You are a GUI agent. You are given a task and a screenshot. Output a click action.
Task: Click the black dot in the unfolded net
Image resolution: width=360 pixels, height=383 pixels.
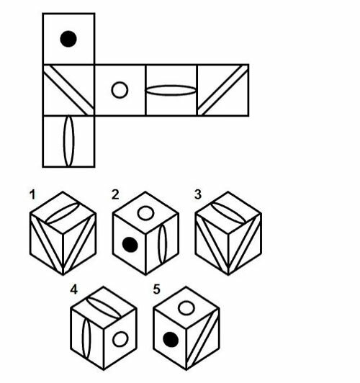pyautogui.click(x=68, y=39)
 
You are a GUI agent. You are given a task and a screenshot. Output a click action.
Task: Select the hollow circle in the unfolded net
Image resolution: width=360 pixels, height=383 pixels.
pyautogui.click(x=120, y=90)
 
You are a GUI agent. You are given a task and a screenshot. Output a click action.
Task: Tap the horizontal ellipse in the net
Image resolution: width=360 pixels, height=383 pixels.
pyautogui.click(x=171, y=90)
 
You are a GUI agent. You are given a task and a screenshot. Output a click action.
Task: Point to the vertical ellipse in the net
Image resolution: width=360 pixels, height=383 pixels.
pyautogui.click(x=68, y=141)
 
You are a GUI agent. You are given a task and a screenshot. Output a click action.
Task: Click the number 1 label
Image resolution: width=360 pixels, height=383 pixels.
pyautogui.click(x=32, y=194)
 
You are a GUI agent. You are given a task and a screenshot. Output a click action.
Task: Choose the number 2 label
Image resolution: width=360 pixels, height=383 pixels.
pyautogui.click(x=115, y=194)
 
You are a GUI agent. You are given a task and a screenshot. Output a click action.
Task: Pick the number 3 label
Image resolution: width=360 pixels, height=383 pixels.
pyautogui.click(x=198, y=194)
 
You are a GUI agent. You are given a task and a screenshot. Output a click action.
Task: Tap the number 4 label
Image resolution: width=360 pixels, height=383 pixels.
pyautogui.click(x=73, y=289)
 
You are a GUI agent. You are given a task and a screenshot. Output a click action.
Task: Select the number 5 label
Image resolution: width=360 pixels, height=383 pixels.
pyautogui.click(x=156, y=289)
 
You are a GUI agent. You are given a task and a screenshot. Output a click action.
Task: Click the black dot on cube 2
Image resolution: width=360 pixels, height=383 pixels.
pyautogui.click(x=130, y=245)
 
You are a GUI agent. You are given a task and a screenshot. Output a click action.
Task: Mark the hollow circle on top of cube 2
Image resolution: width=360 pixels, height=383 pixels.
pyautogui.click(x=145, y=213)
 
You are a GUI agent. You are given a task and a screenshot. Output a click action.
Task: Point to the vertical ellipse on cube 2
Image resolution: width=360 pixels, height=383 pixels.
pyautogui.click(x=162, y=244)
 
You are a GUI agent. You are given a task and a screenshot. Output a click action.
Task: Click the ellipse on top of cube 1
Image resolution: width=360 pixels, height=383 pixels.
pyautogui.click(x=63, y=213)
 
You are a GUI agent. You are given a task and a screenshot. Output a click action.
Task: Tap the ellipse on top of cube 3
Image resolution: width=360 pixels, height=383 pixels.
pyautogui.click(x=228, y=213)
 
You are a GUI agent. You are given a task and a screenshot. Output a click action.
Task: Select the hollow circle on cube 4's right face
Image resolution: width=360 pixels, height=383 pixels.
pyautogui.click(x=120, y=339)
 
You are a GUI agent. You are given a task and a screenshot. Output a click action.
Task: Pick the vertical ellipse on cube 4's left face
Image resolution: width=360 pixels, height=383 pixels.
pyautogui.click(x=86, y=338)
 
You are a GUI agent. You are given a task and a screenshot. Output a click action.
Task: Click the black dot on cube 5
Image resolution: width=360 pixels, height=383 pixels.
pyautogui.click(x=171, y=340)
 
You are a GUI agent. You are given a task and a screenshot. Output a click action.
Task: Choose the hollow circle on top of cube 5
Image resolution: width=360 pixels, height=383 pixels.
pyautogui.click(x=186, y=308)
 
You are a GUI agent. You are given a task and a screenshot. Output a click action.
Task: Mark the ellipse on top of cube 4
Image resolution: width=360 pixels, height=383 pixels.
pyautogui.click(x=104, y=308)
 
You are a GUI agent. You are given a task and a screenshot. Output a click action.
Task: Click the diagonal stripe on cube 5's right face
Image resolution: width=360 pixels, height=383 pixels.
pyautogui.click(x=203, y=340)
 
